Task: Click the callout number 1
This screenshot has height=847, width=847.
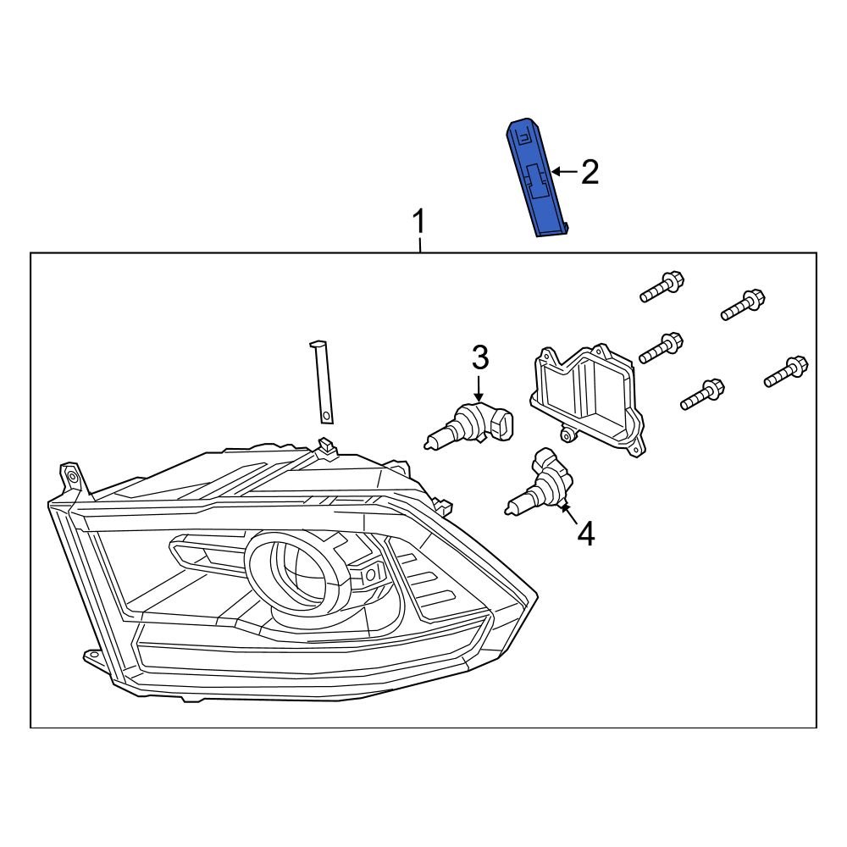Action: pos(418,224)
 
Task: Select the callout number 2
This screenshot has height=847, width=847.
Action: pos(590,173)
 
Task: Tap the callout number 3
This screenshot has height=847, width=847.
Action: pos(479,357)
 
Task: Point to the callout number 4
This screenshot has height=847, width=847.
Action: pos(585,534)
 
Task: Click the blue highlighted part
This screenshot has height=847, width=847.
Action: pos(535,178)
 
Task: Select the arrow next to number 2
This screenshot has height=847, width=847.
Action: pos(562,173)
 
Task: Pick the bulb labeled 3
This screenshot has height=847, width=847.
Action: pos(469,426)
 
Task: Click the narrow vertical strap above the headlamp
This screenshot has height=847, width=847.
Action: pos(322,381)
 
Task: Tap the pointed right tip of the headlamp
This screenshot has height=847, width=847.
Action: pos(535,593)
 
